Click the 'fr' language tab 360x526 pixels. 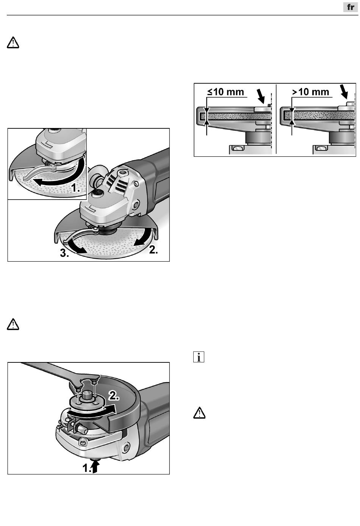pos(351,7)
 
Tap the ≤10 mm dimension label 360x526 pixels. pos(225,92)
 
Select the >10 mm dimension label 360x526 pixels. pos(310,92)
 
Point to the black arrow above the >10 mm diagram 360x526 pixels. pos(344,92)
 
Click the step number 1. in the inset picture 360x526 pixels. pos(75,188)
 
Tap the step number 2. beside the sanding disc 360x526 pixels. pos(153,250)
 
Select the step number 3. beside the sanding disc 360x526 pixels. pos(64,253)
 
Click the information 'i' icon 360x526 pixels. pos(199,357)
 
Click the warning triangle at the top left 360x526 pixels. pos(13,43)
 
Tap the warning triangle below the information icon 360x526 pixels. pos(199,413)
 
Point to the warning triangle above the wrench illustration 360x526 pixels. pos(13,325)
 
